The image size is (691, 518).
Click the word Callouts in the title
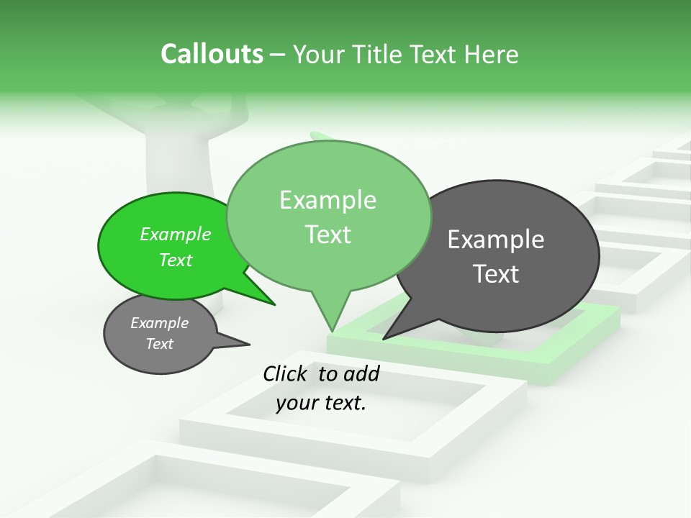point(212,54)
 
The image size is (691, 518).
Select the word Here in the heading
point(493,54)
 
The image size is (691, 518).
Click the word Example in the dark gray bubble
point(496,240)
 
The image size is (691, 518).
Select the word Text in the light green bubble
point(328,235)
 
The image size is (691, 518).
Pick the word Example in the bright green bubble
point(176,234)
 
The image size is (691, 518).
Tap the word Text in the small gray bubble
point(160,344)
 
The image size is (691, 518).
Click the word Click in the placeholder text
point(285,373)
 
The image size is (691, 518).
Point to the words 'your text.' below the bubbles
point(321,404)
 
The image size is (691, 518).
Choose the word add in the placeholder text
point(361,373)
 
